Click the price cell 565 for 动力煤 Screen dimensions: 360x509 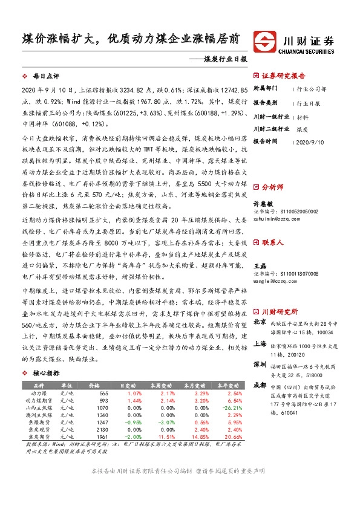[103, 393]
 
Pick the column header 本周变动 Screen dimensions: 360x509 [159, 384]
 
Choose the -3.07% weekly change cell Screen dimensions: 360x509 [159, 423]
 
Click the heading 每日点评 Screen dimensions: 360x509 [46, 77]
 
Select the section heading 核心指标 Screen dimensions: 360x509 [46, 374]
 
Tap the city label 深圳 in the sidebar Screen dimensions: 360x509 [260, 365]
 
